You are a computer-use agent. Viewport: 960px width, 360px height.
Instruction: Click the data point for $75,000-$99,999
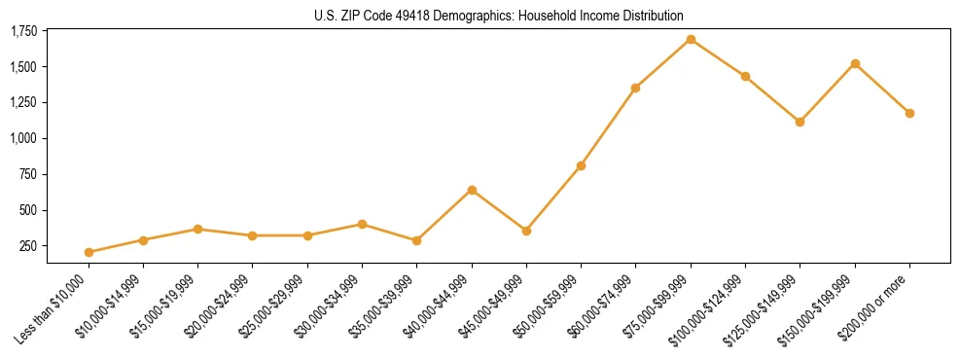pyautogui.click(x=691, y=39)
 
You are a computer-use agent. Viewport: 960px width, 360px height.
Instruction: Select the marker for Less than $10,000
pyautogui.click(x=89, y=252)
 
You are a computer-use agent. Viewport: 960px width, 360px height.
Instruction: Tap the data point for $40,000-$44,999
pyautogui.click(x=472, y=190)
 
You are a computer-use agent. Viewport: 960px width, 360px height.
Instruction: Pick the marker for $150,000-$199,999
pyautogui.click(x=855, y=63)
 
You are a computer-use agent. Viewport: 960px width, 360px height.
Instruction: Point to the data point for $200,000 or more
pyautogui.click(x=909, y=113)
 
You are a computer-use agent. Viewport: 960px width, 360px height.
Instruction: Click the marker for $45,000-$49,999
pyautogui.click(x=526, y=231)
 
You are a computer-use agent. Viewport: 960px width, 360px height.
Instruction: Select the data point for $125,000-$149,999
pyautogui.click(x=800, y=122)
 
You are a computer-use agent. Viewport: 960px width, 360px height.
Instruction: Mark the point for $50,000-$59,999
pyautogui.click(x=581, y=165)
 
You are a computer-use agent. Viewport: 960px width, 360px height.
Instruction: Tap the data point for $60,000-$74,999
pyautogui.click(x=635, y=88)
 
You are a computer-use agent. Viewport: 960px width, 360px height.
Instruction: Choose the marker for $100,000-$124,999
pyautogui.click(x=745, y=76)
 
